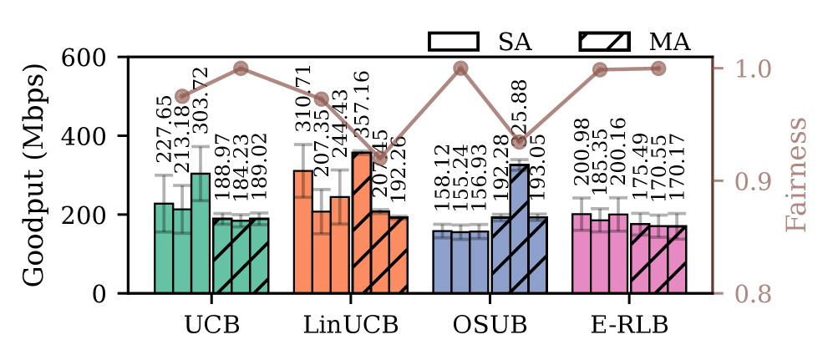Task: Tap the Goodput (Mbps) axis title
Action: point(33,175)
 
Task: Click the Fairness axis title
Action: point(798,175)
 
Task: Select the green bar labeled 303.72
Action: point(201,233)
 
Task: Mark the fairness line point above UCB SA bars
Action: point(182,96)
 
